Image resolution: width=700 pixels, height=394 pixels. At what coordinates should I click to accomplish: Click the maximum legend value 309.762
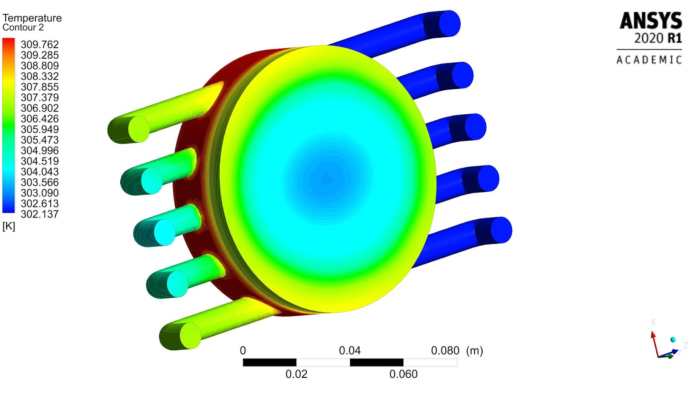point(39,45)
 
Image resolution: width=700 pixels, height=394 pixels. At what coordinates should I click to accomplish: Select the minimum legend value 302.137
point(39,214)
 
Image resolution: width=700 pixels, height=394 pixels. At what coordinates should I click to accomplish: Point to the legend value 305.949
point(39,130)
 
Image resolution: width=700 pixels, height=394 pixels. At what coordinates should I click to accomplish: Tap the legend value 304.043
point(39,172)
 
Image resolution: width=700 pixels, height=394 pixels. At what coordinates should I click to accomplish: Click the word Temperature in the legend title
point(32,18)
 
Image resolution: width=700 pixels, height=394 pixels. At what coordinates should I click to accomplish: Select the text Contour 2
point(23,28)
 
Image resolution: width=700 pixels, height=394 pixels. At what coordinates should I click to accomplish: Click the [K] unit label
point(9,226)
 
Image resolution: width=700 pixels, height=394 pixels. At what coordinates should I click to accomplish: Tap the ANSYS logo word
point(651,21)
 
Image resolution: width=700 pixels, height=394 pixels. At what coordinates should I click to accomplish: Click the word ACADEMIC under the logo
point(649,60)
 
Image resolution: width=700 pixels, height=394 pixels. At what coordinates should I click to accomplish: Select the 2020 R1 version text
point(658,39)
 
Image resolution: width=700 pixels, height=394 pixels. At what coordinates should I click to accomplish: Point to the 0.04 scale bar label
point(350,351)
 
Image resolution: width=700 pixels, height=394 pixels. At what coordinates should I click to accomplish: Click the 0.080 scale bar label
point(445,351)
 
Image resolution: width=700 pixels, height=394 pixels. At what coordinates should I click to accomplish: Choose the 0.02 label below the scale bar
point(296,374)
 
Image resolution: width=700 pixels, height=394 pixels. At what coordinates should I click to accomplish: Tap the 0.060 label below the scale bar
point(403,374)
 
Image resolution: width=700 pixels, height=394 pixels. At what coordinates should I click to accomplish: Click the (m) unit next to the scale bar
point(475,351)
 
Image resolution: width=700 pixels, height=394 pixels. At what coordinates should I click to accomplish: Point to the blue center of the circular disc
point(326,179)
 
